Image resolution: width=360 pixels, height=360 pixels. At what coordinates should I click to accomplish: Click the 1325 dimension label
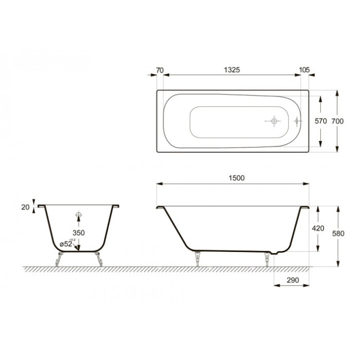(232, 70)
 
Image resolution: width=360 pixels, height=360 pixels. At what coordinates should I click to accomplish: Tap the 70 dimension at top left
(160, 70)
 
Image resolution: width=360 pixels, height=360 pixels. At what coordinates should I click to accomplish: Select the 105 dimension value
(305, 70)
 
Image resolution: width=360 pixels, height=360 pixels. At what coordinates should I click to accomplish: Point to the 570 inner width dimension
(320, 121)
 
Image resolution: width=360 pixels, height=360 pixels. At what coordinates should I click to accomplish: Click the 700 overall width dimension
(338, 121)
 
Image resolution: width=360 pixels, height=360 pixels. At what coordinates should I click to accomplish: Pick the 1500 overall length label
(236, 178)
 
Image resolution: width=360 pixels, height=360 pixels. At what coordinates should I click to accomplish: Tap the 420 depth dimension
(318, 229)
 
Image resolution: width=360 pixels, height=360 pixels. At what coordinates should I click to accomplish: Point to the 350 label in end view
(79, 232)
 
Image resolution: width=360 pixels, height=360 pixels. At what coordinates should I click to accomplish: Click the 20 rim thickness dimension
(25, 207)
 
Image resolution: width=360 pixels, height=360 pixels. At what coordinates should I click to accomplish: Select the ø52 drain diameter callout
(66, 243)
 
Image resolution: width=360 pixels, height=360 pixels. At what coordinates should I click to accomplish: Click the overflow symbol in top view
(297, 121)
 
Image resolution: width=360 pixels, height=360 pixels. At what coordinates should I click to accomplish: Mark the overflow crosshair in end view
(79, 215)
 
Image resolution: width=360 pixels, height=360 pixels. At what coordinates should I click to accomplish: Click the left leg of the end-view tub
(60, 258)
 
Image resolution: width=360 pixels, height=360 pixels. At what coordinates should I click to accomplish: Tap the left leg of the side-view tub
(197, 258)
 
